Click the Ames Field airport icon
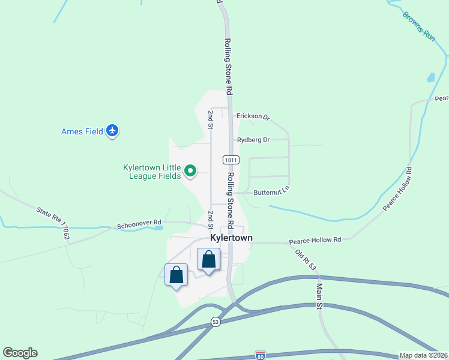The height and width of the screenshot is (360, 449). (x=112, y=131)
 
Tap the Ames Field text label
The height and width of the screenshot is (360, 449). (x=83, y=131)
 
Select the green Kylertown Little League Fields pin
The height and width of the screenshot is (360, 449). (x=190, y=172)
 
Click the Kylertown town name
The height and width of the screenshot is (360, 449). (x=231, y=238)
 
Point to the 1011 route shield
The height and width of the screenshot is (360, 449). (x=231, y=160)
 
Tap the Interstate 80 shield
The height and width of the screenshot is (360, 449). (x=260, y=355)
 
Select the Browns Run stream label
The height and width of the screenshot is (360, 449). (x=418, y=25)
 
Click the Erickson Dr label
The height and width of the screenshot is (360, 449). (x=253, y=116)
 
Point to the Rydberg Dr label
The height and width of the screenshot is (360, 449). (x=253, y=140)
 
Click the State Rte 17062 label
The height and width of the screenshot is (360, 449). (x=53, y=224)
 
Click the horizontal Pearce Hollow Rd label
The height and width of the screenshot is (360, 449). (x=315, y=240)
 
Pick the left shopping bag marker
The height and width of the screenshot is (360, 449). (x=176, y=275)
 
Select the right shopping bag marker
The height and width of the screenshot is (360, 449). (x=208, y=260)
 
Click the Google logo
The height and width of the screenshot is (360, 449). (x=20, y=353)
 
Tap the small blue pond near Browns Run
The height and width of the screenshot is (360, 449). (x=430, y=78)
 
